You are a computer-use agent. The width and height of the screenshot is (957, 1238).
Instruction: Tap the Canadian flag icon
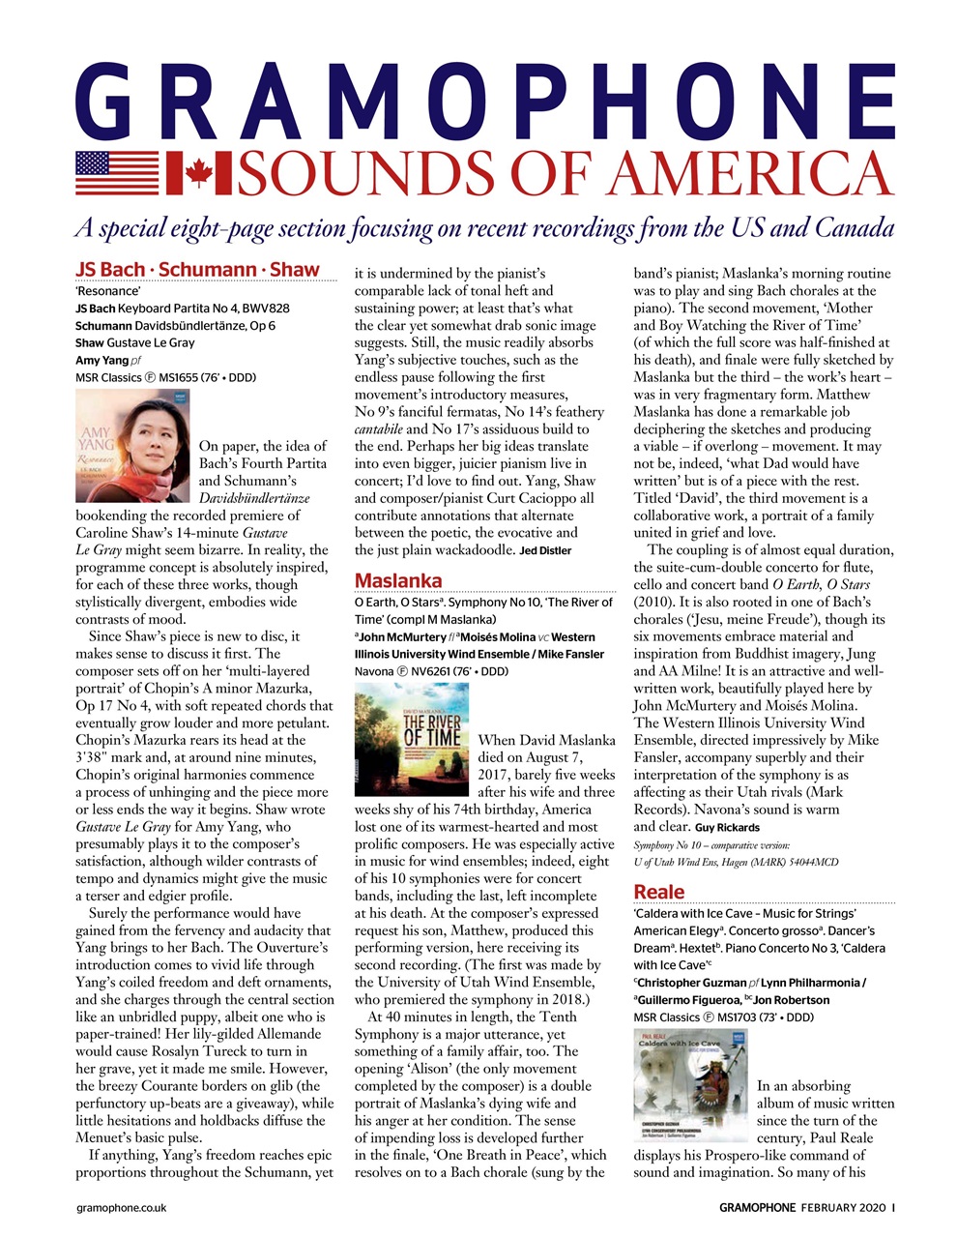(x=197, y=173)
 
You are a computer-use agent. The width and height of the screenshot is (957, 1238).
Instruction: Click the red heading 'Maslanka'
(x=398, y=580)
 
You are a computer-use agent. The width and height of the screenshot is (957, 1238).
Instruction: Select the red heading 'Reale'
(x=658, y=892)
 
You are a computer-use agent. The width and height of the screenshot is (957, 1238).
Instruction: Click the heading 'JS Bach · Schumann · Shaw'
(x=197, y=269)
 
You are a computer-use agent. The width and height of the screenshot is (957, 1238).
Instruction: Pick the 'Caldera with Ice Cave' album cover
(x=689, y=1085)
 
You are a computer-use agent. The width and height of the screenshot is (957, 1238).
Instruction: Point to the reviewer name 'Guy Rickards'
(x=726, y=828)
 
